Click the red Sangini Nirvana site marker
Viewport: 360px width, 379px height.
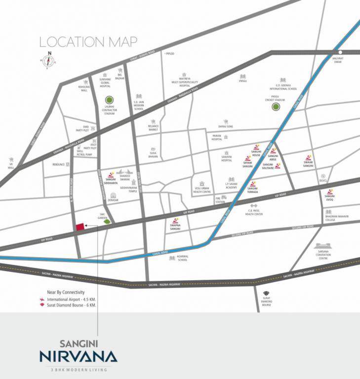pyautogui.click(x=79, y=227)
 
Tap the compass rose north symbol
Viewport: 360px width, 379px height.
pyautogui.click(x=48, y=61)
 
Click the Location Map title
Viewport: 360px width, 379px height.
pyautogui.click(x=88, y=42)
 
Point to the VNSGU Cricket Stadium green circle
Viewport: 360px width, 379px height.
pyautogui.click(x=276, y=106)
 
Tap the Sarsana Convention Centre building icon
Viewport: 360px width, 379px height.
pyautogui.click(x=323, y=246)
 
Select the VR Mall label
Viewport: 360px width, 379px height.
pyautogui.click(x=11, y=165)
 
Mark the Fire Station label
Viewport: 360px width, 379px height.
pyautogui.click(x=220, y=200)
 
